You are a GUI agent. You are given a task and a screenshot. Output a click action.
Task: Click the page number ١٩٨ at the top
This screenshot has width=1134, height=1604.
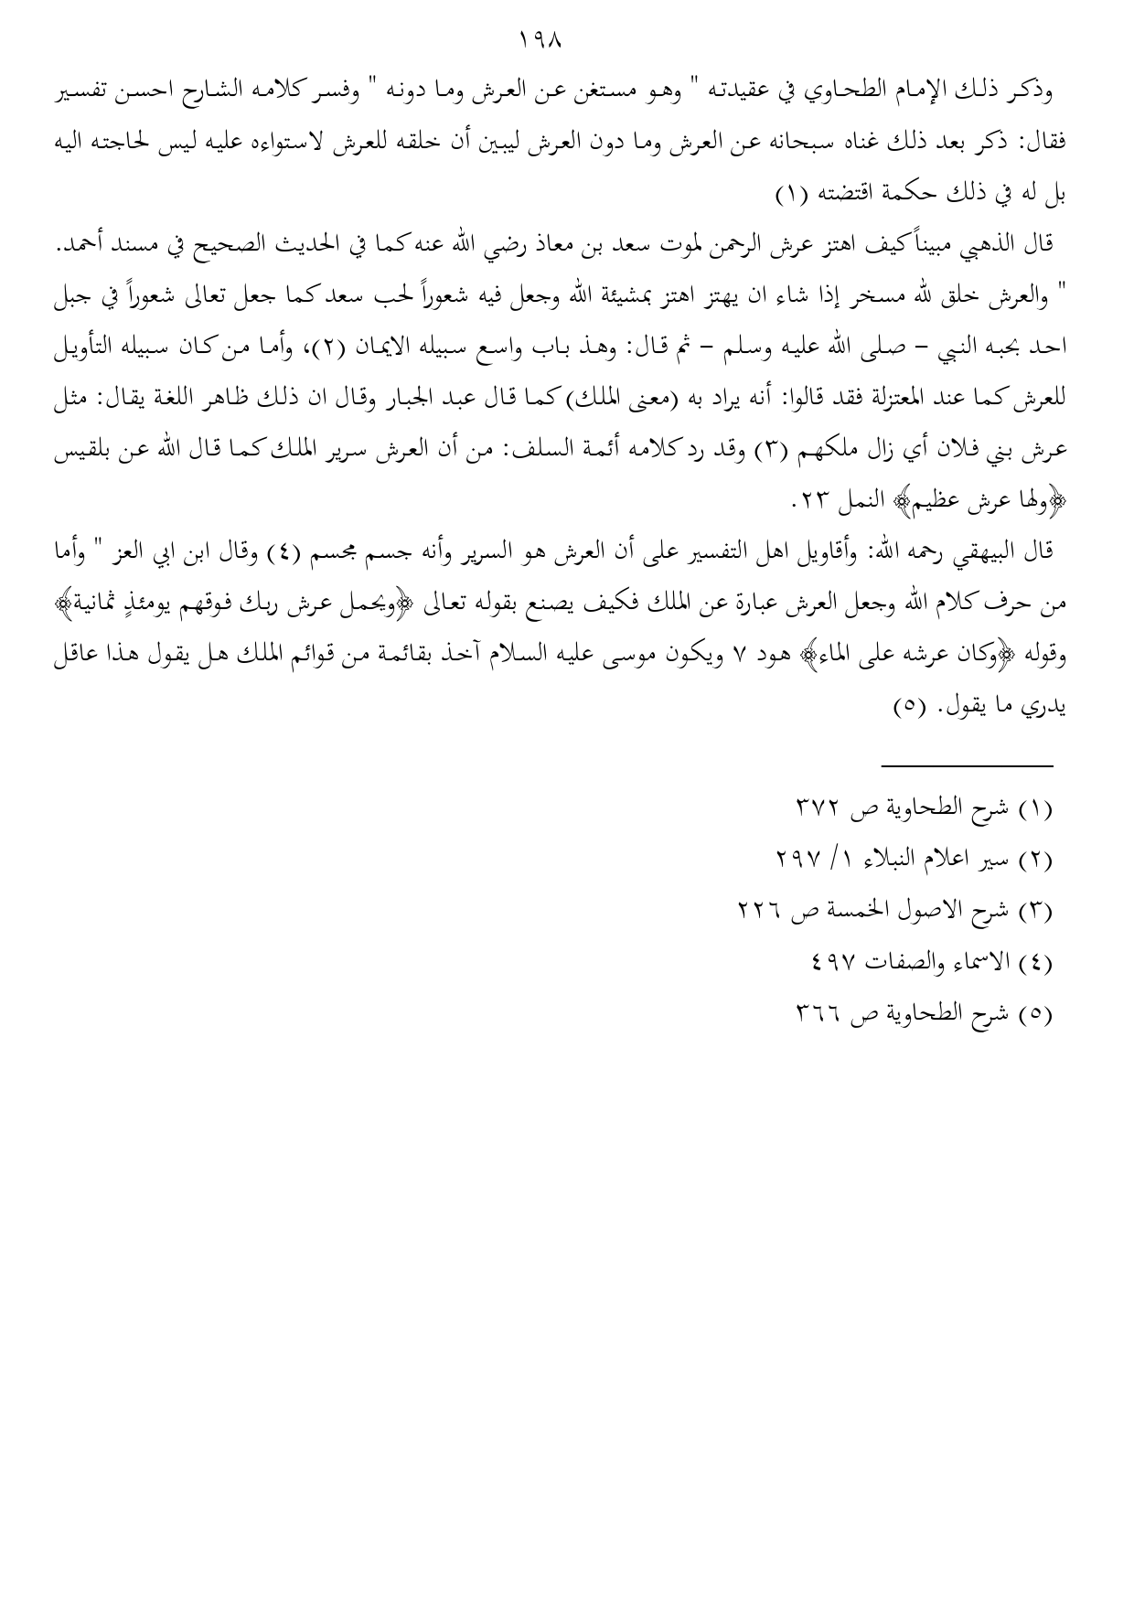[x=539, y=40]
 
